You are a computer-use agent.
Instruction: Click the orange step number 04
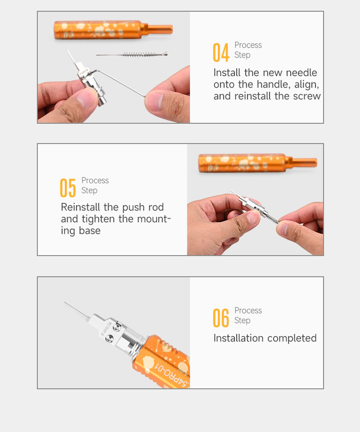click(x=221, y=52)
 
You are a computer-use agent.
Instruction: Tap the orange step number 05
click(x=68, y=188)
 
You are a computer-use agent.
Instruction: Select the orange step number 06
click(x=221, y=318)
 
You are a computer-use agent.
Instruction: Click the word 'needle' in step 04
click(x=301, y=73)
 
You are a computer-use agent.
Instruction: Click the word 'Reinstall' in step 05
click(x=81, y=207)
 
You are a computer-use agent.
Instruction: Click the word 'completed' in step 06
click(x=292, y=338)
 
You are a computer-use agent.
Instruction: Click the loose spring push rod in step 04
click(x=132, y=54)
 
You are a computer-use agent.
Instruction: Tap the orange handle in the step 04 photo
click(x=113, y=30)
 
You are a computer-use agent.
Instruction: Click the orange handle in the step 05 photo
click(x=258, y=163)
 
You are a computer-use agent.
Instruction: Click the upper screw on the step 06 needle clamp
click(x=117, y=328)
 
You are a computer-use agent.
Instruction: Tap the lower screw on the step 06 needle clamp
click(x=110, y=339)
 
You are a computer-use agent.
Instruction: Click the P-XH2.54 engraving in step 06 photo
click(x=106, y=328)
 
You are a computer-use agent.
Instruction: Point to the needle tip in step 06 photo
click(x=65, y=302)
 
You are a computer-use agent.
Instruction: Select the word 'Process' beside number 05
click(x=95, y=180)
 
